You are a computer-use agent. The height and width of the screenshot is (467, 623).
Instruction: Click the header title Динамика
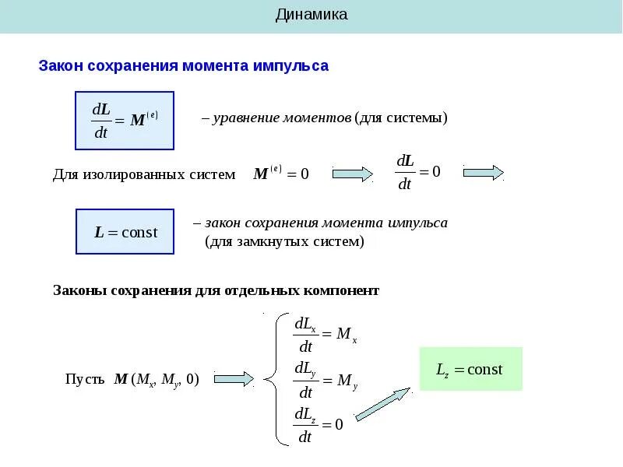point(311,15)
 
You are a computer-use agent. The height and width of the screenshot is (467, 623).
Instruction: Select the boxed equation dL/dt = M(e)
point(125,121)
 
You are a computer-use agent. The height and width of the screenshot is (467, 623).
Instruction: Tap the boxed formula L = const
point(125,231)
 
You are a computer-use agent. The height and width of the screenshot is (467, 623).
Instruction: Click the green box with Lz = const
point(470,369)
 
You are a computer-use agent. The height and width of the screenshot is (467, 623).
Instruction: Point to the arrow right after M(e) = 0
point(353,174)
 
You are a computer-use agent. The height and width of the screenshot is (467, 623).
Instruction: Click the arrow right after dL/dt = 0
point(483,173)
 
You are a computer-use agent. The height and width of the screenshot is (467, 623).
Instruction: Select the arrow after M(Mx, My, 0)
point(234,379)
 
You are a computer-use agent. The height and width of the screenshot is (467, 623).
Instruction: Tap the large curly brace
point(273,379)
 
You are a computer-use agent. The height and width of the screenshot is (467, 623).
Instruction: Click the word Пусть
point(84,380)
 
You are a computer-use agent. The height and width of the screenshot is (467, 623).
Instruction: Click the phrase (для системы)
point(401,118)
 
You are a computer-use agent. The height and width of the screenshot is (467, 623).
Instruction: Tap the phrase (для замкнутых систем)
point(284,242)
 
